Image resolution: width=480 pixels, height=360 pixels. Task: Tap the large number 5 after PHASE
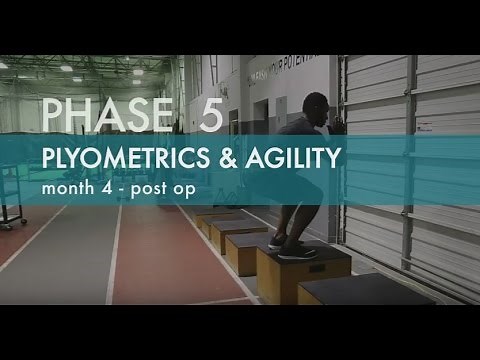211,116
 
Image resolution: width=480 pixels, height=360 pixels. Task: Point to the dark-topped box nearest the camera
340,300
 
